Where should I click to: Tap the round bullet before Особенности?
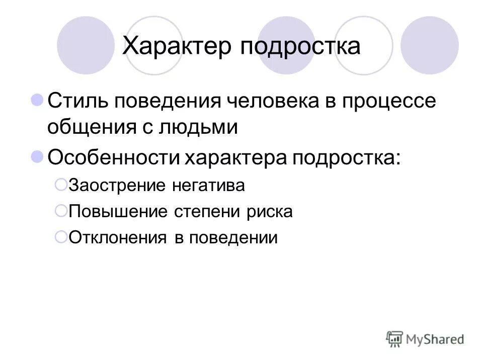(37, 157)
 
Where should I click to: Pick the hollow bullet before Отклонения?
(60, 236)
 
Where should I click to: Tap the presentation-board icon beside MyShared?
(395, 338)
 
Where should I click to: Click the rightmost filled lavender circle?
(429, 45)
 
